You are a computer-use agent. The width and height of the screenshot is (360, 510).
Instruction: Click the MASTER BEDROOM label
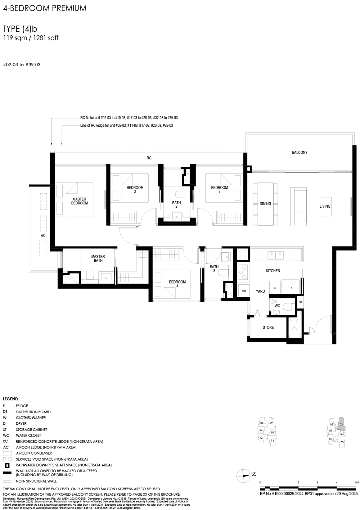coord(79,201)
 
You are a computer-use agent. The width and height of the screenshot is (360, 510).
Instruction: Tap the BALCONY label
coord(300,153)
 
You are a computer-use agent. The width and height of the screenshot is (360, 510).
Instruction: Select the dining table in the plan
coord(265,204)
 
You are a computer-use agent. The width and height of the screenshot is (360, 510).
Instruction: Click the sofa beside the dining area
coord(298,206)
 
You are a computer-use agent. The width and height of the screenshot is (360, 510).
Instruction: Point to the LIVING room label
coord(325,206)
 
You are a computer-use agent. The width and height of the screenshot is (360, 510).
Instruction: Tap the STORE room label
coord(268,328)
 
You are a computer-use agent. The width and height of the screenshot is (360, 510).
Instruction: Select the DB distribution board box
coord(300,302)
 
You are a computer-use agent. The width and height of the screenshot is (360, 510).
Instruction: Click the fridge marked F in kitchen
coord(291,288)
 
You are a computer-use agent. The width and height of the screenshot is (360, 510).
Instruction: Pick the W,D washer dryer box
coord(243,290)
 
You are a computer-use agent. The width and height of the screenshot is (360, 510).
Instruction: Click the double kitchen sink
coord(275,255)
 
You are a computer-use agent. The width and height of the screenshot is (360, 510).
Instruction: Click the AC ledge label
coord(43,236)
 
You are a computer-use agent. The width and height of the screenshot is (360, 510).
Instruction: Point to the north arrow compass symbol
coord(243,475)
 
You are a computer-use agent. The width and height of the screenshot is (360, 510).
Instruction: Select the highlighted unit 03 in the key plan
coord(341,424)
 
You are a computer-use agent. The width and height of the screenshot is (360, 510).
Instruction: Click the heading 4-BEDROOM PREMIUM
coord(45,9)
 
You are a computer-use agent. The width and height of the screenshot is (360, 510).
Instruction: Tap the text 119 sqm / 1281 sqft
coord(31,38)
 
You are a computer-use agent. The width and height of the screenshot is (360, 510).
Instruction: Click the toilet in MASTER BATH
coord(90,275)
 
